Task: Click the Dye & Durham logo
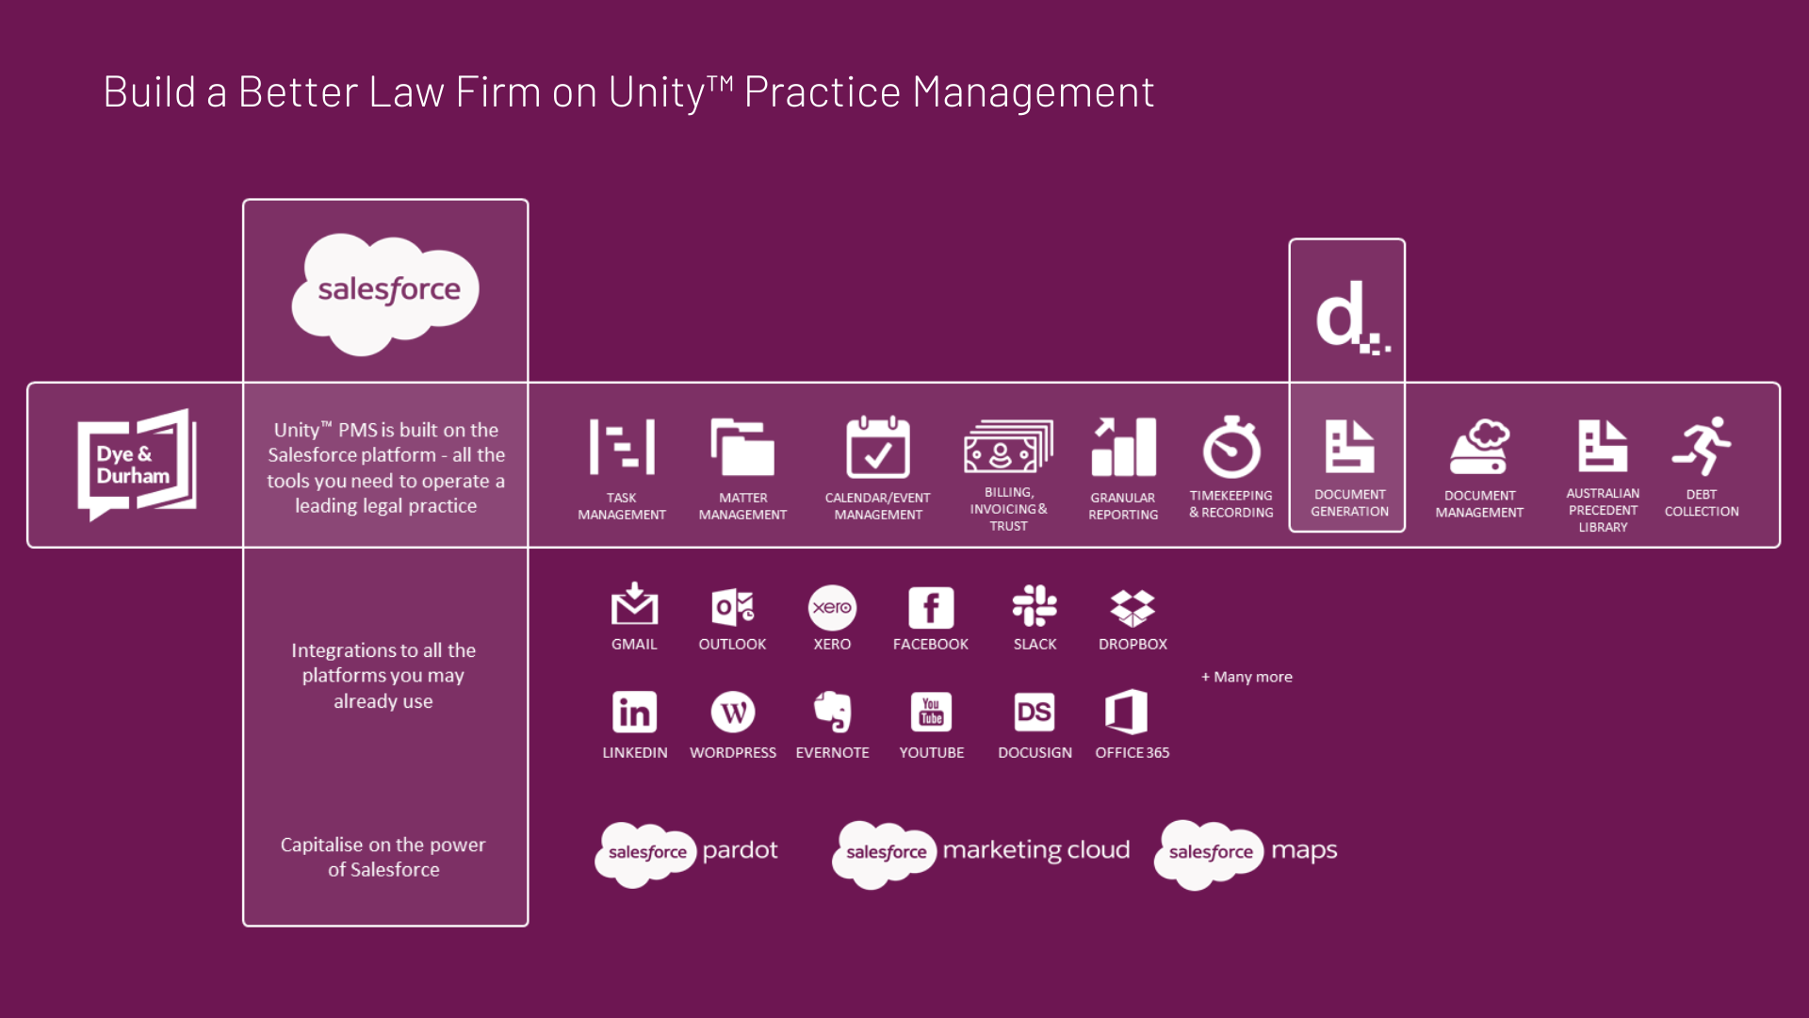[137, 464]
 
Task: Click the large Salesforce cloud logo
[386, 293]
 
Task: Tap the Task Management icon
[622, 447]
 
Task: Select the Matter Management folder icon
[742, 447]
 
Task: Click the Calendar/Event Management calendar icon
[878, 447]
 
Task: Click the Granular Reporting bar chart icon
[1123, 447]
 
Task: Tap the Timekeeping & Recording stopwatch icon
[1231, 447]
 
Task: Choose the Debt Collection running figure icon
[1702, 446]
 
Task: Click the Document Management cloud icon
[1479, 447]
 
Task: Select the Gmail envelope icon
[634, 604]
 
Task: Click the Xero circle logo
[832, 607]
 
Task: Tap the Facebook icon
[931, 607]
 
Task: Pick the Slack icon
[1035, 606]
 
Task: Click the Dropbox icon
[1133, 608]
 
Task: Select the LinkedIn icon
[634, 713]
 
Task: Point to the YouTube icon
[931, 713]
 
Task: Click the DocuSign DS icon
[1034, 713]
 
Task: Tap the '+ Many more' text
[1247, 677]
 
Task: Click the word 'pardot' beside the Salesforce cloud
[740, 851]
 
